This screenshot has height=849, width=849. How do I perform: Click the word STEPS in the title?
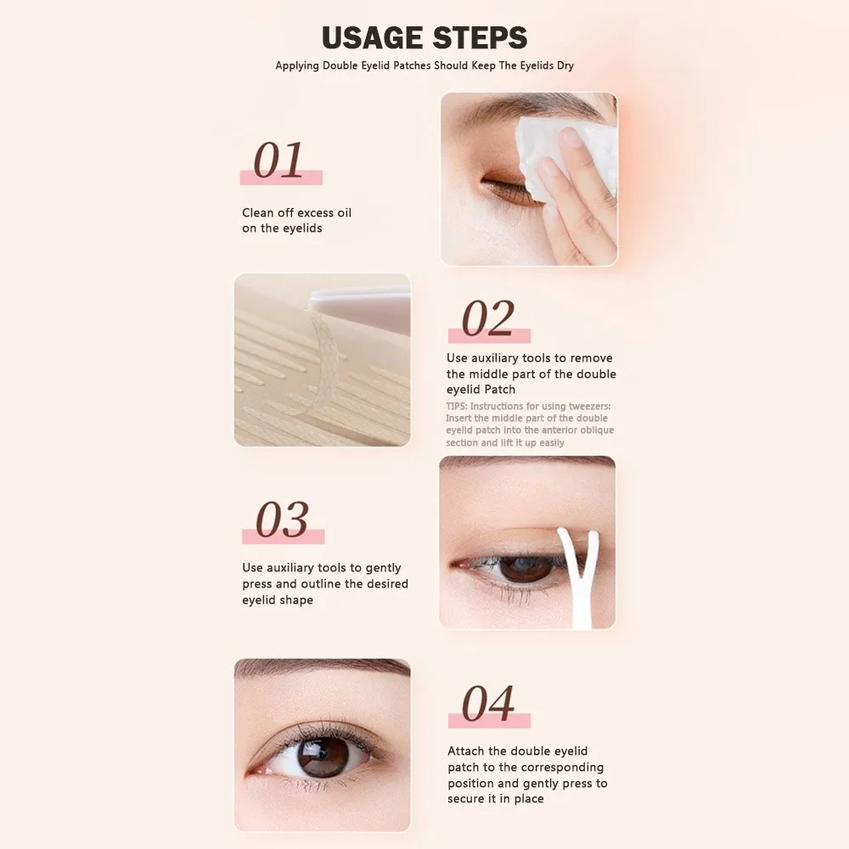[x=480, y=38]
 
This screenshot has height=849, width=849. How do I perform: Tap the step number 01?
[x=278, y=161]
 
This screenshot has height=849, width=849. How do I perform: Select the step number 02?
[x=487, y=319]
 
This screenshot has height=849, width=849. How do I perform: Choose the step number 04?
[x=487, y=704]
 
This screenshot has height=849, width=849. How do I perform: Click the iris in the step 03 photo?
[x=524, y=567]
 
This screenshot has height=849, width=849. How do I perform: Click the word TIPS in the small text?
[x=457, y=407]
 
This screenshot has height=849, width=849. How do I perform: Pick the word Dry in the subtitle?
[x=565, y=65]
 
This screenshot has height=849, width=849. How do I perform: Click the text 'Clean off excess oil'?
[x=296, y=212]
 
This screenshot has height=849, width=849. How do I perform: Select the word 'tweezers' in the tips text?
[x=588, y=407]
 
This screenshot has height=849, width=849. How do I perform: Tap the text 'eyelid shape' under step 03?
[x=277, y=600]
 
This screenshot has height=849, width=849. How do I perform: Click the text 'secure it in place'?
[x=496, y=799]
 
